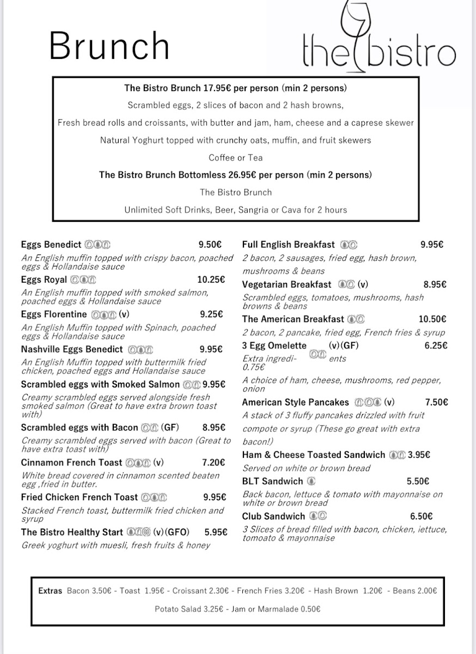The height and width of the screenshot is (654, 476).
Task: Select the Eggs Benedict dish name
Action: click(x=51, y=245)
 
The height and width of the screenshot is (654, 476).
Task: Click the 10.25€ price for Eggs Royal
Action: click(x=211, y=280)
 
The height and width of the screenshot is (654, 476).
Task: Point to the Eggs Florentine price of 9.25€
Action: click(x=212, y=314)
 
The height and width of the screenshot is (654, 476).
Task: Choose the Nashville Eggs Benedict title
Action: click(x=72, y=349)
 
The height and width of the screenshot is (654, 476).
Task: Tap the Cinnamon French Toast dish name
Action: click(x=71, y=463)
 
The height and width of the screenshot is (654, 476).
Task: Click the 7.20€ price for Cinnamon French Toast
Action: click(x=213, y=463)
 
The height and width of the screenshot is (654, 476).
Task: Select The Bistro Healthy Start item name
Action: click(x=72, y=532)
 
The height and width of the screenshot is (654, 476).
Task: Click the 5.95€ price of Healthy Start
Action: click(x=216, y=532)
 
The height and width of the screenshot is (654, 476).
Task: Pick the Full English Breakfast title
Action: click(x=289, y=245)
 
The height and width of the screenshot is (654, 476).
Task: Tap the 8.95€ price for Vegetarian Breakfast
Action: click(x=435, y=284)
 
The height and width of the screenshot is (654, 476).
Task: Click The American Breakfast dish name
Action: click(x=293, y=319)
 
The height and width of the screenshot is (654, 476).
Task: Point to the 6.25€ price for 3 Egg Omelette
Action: click(x=436, y=346)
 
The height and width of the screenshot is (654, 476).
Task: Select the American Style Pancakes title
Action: click(x=296, y=403)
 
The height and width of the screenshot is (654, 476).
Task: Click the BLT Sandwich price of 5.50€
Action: click(x=418, y=481)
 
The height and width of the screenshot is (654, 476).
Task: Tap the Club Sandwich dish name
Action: click(x=273, y=516)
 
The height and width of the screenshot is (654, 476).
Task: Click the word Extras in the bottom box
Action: click(x=50, y=591)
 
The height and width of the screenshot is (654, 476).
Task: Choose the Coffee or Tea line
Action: click(x=236, y=158)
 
